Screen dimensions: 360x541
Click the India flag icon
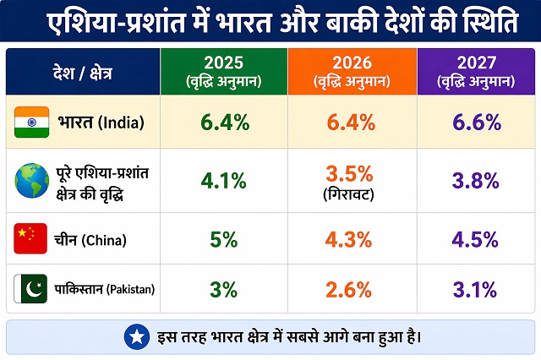pyautogui.click(x=30, y=123)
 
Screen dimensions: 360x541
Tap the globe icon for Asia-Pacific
pyautogui.click(x=31, y=181)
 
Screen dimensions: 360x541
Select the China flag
pyautogui.click(x=30, y=239)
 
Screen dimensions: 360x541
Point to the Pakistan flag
pyautogui.click(x=30, y=290)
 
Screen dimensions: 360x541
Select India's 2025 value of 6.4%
pyautogui.click(x=224, y=123)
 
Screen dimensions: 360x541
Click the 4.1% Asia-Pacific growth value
pyautogui.click(x=224, y=180)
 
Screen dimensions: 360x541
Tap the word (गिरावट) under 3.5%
pyautogui.click(x=350, y=194)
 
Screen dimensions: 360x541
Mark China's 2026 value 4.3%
pyautogui.click(x=350, y=239)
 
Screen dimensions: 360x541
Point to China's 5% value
pyautogui.click(x=224, y=239)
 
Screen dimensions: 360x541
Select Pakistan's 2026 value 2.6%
pyautogui.click(x=350, y=290)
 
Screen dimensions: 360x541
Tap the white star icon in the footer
pyautogui.click(x=135, y=337)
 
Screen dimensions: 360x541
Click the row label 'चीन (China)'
pyautogui.click(x=92, y=240)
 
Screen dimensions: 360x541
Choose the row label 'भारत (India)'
pyautogui.click(x=101, y=123)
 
